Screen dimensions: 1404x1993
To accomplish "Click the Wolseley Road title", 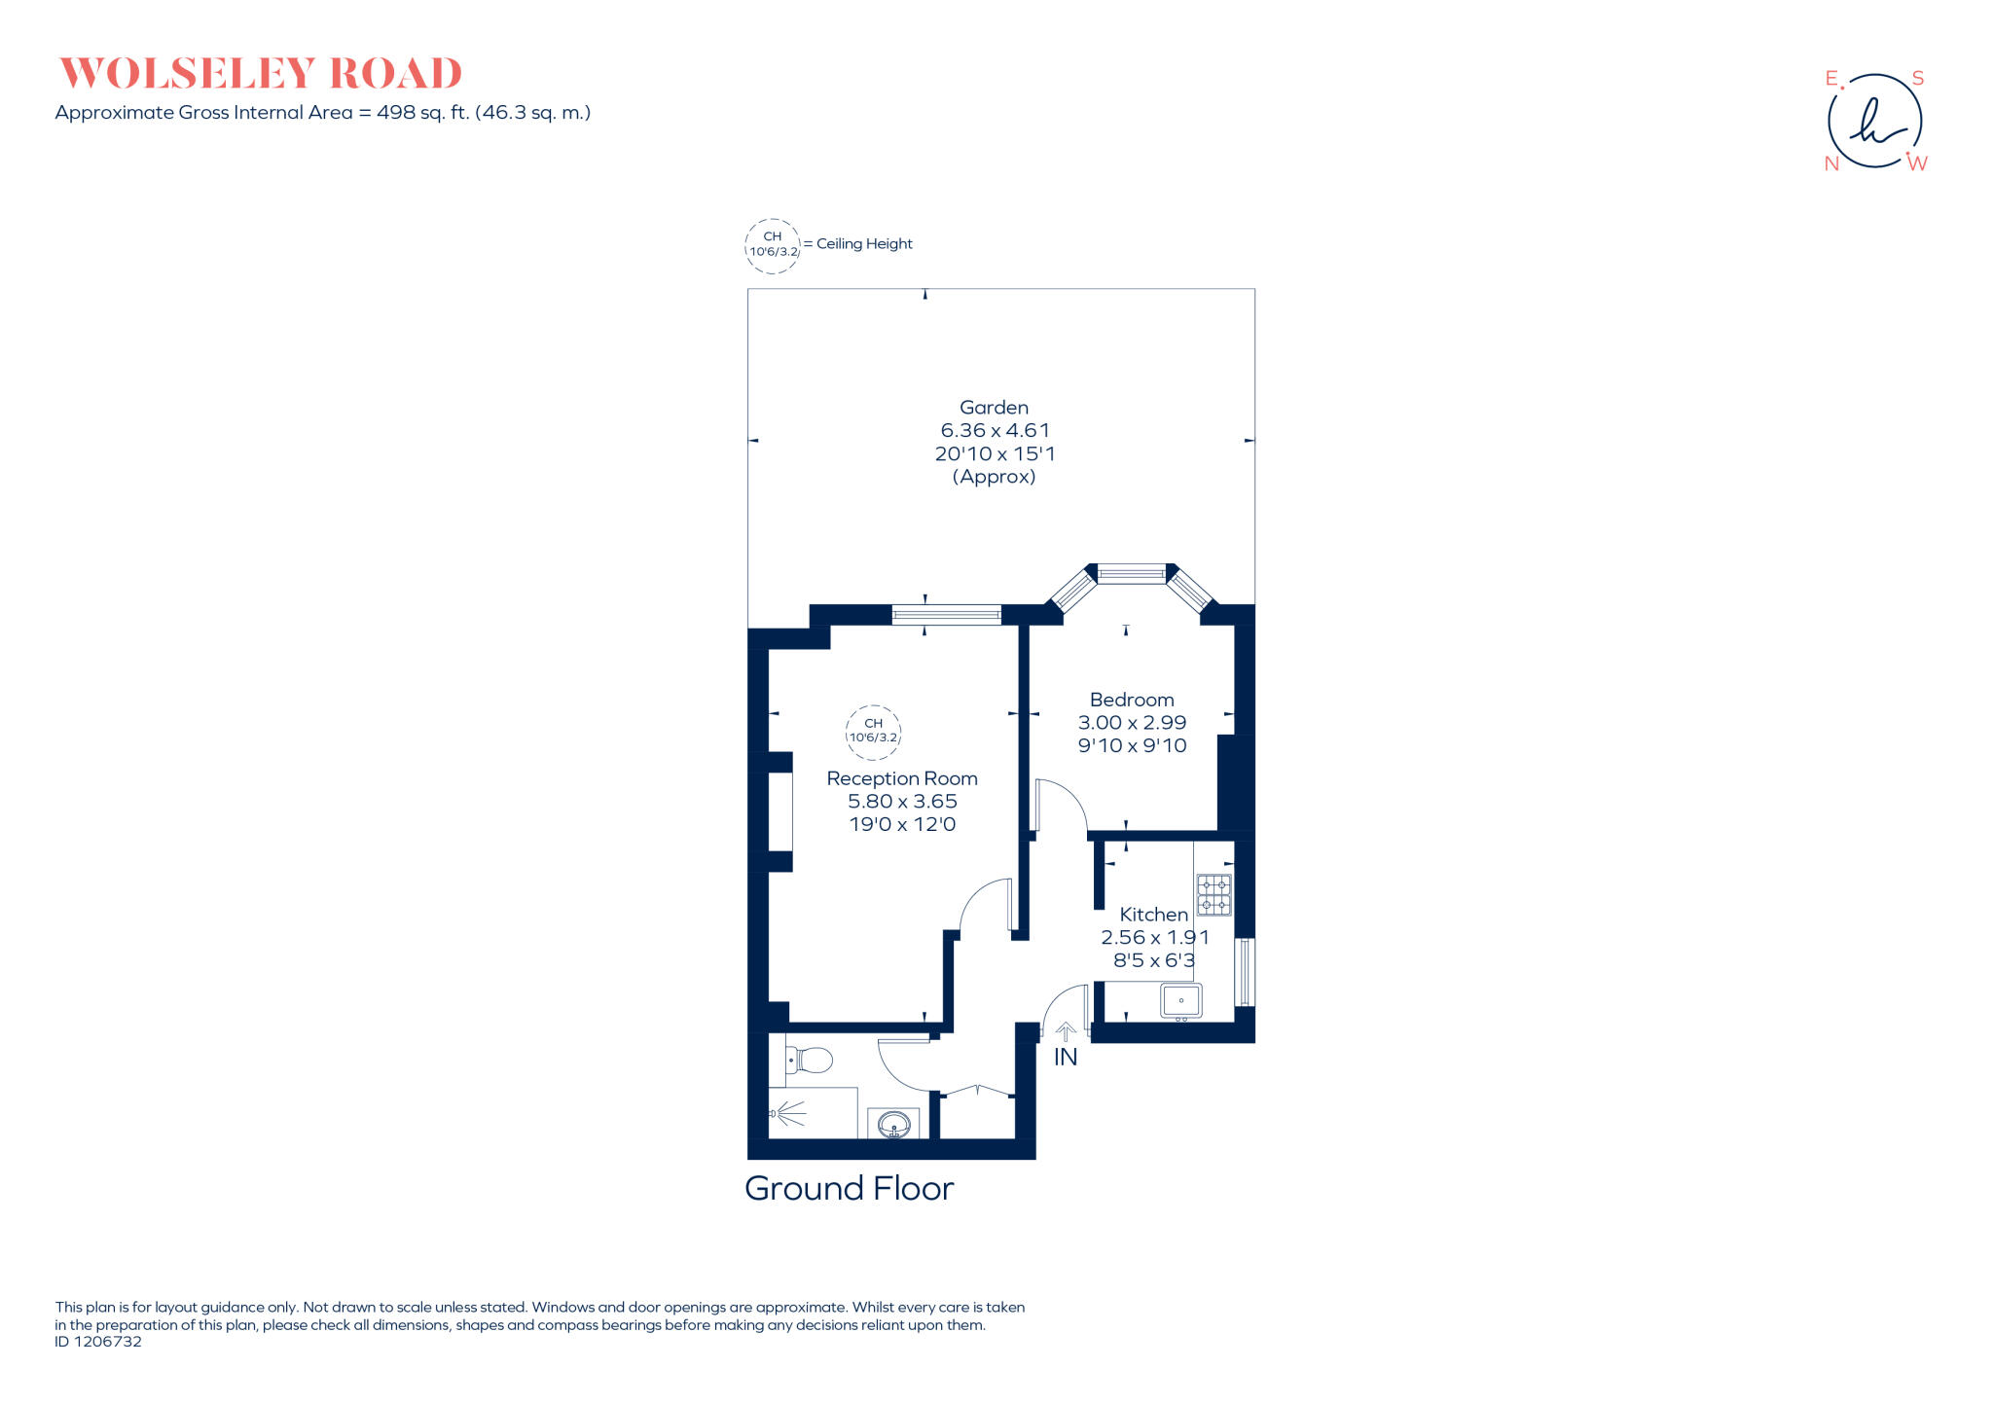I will [x=260, y=74].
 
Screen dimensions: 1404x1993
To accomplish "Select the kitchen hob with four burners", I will [x=1214, y=895].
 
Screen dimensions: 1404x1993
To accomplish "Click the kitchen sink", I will [x=1180, y=1000].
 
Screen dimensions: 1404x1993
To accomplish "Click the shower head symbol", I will [x=788, y=1113].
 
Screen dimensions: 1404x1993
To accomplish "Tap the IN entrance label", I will [x=1066, y=1057].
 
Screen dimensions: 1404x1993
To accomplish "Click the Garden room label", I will [x=994, y=408].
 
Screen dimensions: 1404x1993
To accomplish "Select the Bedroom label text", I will [x=1132, y=700].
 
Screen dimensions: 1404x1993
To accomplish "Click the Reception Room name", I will [x=902, y=778].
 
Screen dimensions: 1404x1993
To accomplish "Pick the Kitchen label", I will [x=1153, y=915].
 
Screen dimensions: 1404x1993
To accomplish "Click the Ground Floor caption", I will [x=849, y=1189].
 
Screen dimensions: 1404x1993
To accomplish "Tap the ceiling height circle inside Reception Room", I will [x=873, y=731].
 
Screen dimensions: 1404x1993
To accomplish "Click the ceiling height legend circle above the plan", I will [x=773, y=245].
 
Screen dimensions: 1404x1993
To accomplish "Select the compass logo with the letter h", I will [x=1874, y=122].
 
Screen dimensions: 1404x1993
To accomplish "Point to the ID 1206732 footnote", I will [x=98, y=1342].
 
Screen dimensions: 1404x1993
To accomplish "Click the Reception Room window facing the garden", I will [x=946, y=614].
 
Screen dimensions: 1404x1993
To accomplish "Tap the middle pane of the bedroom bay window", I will [x=1131, y=574].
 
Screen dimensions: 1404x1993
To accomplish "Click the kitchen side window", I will [x=1244, y=971].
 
